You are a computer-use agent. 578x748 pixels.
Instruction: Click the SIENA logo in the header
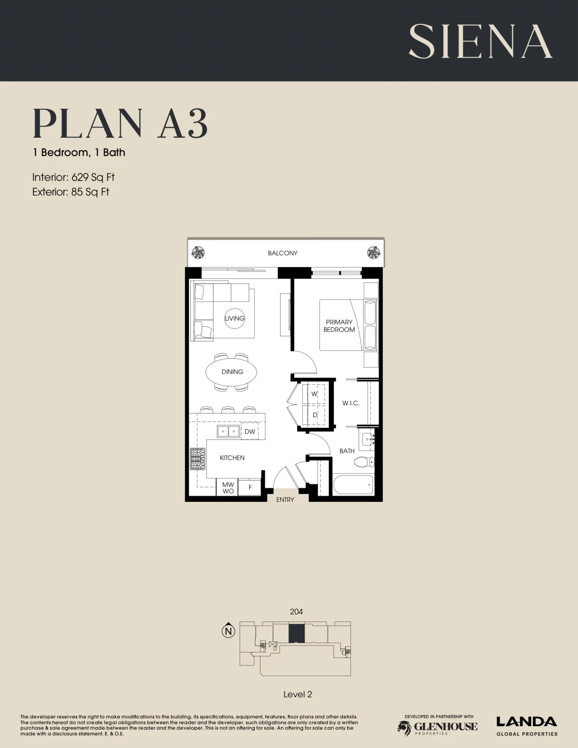pos(480,42)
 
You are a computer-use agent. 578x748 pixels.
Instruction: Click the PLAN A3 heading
pos(120,123)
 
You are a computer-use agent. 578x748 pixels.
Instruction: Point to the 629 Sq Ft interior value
pos(93,178)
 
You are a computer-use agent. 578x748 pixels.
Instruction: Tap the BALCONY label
pos(282,253)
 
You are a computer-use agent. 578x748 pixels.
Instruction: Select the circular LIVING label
pos(234,318)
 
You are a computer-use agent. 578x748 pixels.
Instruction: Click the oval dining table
pos(231,372)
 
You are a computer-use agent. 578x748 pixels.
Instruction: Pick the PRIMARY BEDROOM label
pos(339,326)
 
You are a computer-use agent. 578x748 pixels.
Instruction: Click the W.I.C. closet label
pos(351,403)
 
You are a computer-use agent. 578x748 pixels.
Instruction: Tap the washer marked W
pos(314,394)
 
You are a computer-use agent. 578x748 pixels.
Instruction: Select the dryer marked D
pos(314,415)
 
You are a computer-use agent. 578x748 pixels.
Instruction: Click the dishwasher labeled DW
pos(250,431)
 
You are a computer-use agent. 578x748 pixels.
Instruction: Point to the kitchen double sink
pos(228,431)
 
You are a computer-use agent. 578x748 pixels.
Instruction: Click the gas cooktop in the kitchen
pos(197,459)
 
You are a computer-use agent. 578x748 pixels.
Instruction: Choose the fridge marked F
pos(250,487)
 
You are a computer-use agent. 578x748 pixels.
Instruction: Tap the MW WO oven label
pos(228,488)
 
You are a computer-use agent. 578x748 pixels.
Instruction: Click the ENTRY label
pos(285,500)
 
